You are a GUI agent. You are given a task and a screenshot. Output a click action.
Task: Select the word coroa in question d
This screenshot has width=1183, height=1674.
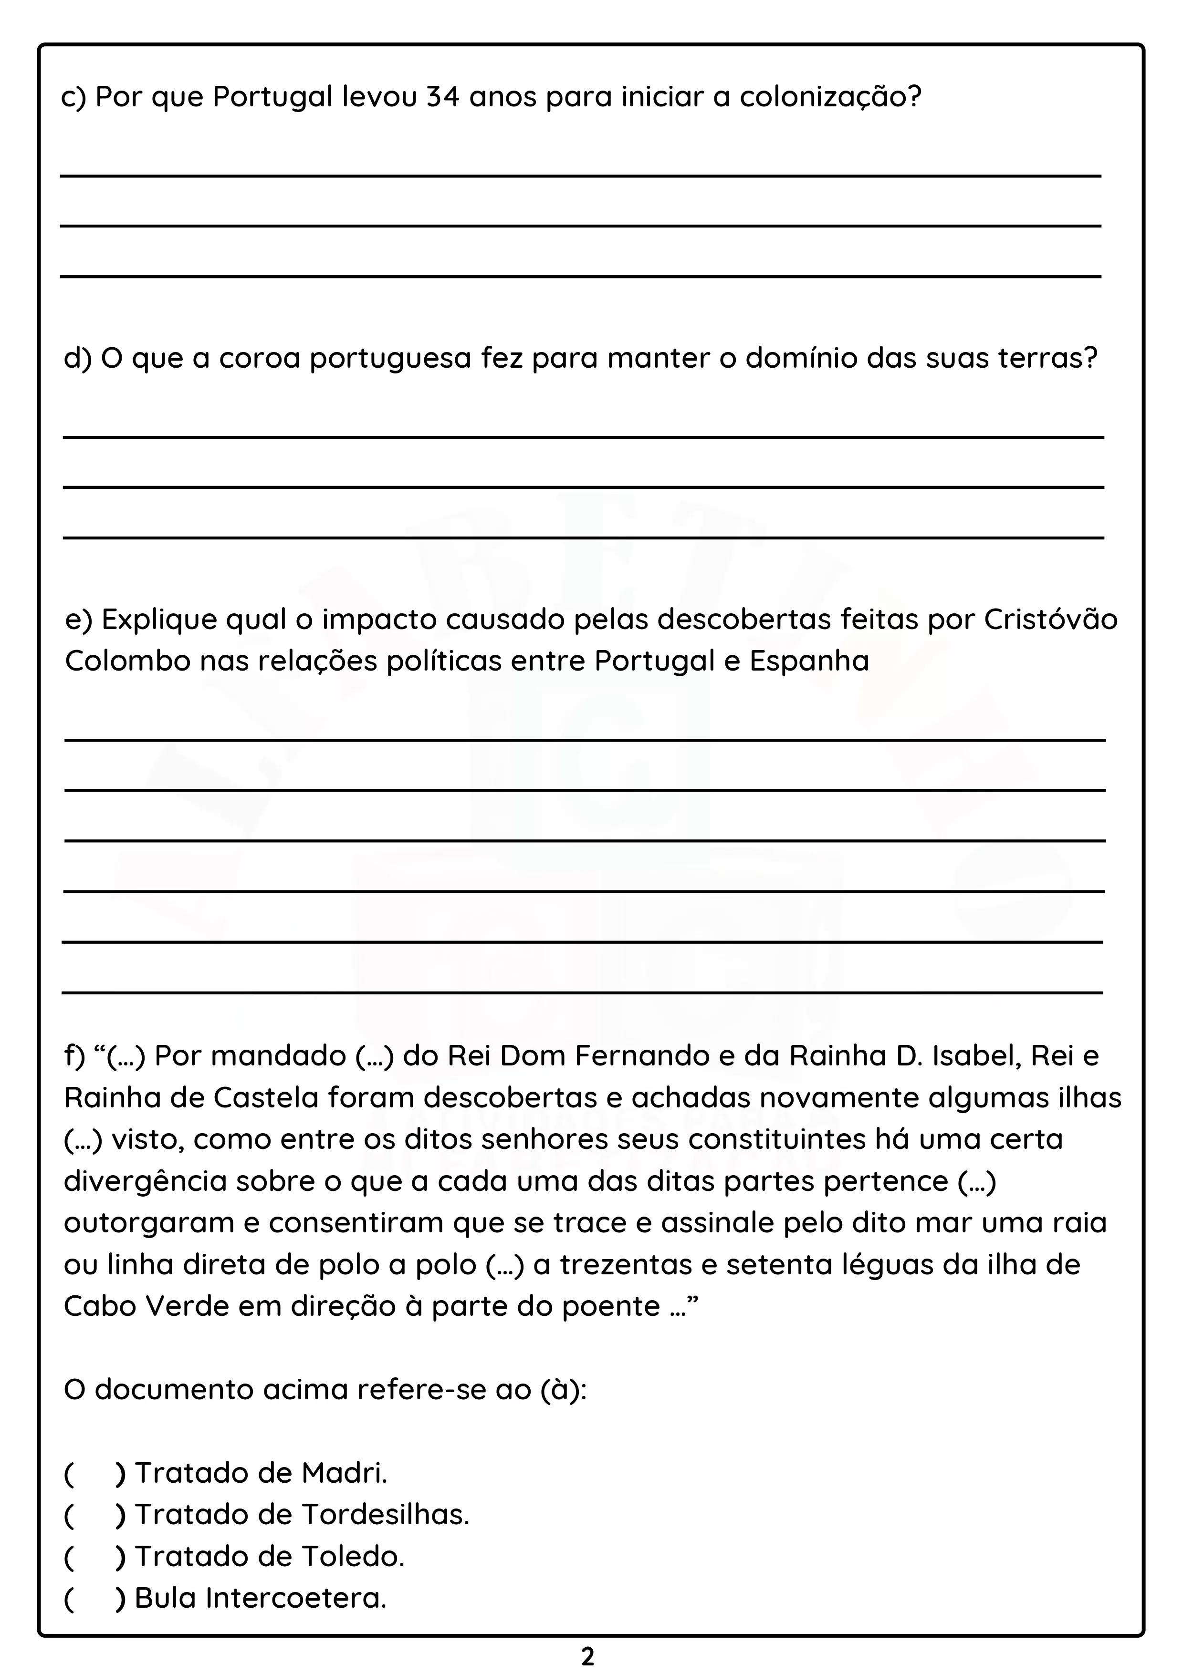pos(260,358)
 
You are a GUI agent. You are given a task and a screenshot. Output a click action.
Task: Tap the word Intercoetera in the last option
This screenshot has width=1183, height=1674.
pos(295,1598)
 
